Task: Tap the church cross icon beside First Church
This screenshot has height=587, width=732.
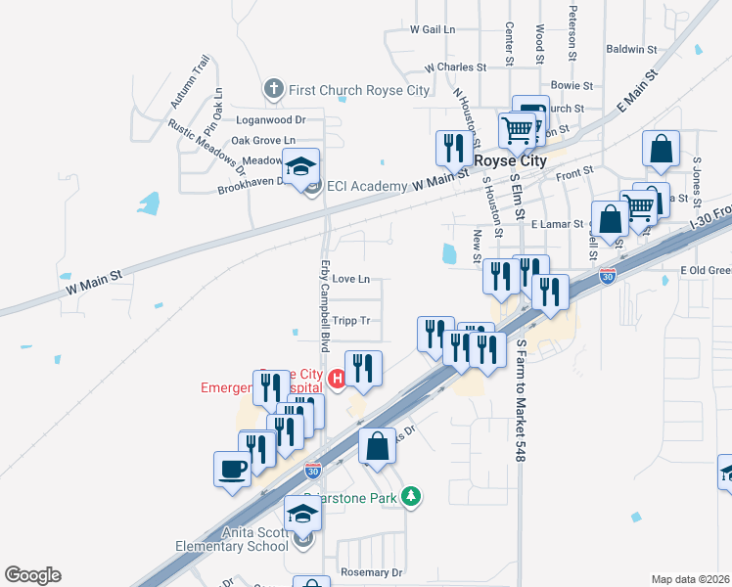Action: (273, 90)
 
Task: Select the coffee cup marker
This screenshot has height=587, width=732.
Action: (232, 468)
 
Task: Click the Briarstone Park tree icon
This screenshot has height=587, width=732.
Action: (413, 497)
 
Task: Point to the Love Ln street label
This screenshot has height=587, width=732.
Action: (351, 279)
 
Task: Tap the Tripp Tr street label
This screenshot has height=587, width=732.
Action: (351, 320)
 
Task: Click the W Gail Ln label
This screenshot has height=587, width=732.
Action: (434, 30)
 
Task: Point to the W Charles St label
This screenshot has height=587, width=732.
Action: (455, 68)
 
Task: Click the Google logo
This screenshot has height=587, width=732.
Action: (32, 575)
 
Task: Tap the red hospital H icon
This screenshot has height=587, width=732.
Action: (338, 378)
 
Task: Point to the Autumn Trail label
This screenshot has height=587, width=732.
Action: (190, 81)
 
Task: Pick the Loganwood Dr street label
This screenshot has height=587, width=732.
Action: (271, 119)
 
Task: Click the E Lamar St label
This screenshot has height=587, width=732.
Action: (557, 224)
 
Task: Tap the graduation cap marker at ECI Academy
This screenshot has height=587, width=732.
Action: (302, 163)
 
